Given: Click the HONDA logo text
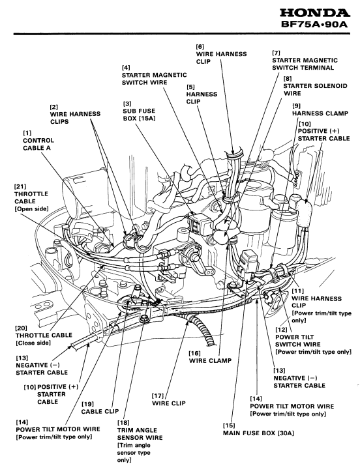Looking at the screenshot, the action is pos(315,13).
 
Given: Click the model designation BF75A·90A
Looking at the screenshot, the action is pos(314,24).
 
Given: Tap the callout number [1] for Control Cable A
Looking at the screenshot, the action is pos(27,133).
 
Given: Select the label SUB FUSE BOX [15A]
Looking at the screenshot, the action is pos(139,115).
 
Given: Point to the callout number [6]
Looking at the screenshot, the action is pos(200,47).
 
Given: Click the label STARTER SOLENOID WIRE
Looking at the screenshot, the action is pos(315,90).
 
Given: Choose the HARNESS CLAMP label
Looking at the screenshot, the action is pos(320,113).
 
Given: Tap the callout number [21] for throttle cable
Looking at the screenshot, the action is pos(20,186).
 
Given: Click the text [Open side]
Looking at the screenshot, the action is pos(31,209).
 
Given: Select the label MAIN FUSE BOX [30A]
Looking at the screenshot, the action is pos(258,433).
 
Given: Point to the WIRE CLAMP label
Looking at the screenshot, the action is pos(210,360).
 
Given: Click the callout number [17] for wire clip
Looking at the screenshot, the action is pos(158,395).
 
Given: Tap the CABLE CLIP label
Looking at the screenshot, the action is pos(100,411).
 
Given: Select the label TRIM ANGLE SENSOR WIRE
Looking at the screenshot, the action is pos(140,434).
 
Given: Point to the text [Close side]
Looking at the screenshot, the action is pos(33,343).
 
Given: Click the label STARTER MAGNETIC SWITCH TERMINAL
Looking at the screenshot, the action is pos(305,64).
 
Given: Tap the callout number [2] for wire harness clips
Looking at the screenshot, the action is pos(54,107).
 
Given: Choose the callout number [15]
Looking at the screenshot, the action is pos(229,425).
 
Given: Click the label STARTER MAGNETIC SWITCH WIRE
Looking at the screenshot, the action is pos(155,79).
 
